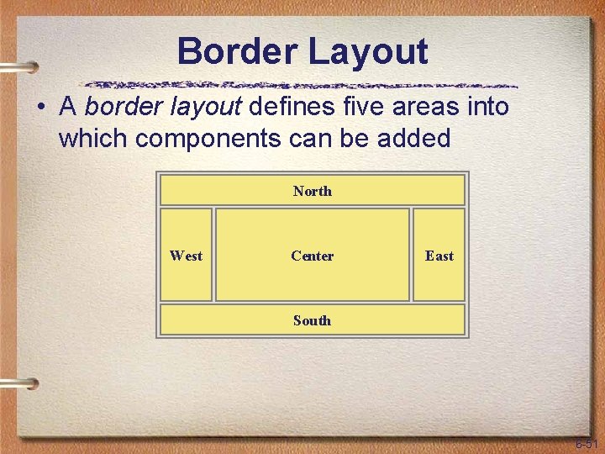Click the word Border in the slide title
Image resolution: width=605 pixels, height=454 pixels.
(x=236, y=52)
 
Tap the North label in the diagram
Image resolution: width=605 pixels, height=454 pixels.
(x=312, y=191)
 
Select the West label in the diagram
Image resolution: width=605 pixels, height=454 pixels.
(x=186, y=256)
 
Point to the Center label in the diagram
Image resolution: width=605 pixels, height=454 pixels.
(x=312, y=256)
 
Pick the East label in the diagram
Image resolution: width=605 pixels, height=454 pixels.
(x=439, y=256)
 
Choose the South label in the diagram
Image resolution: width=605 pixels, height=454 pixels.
(x=312, y=320)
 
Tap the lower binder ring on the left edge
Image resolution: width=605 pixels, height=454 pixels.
(x=18, y=383)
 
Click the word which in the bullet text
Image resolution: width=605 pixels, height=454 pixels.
(x=92, y=138)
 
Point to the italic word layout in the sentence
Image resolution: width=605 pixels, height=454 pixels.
(x=206, y=108)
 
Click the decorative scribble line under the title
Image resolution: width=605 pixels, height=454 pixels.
(x=302, y=86)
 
